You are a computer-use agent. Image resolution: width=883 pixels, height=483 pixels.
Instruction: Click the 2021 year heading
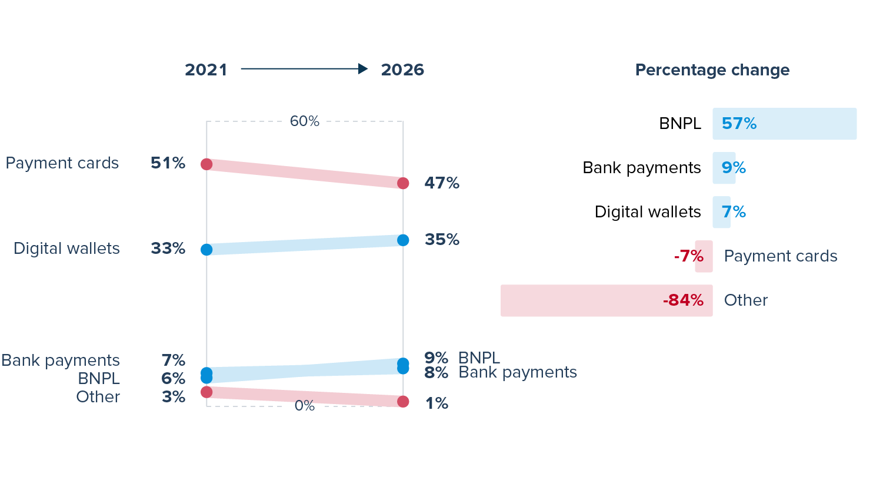(206, 70)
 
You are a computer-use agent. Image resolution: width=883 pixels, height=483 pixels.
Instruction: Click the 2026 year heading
(402, 70)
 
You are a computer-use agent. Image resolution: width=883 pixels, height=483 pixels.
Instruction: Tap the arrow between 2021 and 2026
(304, 69)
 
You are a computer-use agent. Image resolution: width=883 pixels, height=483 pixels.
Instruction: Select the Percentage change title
(712, 70)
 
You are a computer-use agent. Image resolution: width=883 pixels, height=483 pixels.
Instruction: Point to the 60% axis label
(305, 121)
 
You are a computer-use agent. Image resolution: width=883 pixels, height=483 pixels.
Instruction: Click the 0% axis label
(305, 406)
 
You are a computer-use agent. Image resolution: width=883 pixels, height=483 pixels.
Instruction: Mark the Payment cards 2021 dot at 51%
(206, 164)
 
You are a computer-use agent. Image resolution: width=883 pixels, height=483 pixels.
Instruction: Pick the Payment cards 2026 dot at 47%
(403, 183)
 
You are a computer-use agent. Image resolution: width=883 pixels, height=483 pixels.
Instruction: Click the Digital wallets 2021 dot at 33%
(206, 250)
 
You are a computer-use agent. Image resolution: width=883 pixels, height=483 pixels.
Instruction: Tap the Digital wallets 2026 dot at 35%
(403, 240)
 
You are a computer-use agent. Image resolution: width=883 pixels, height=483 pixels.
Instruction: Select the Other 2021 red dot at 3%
(206, 392)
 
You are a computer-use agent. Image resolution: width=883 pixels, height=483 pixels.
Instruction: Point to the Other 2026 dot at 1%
(403, 402)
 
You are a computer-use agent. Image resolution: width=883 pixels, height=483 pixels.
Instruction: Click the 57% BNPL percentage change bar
(784, 124)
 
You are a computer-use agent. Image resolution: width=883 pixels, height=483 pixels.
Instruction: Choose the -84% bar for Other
(607, 300)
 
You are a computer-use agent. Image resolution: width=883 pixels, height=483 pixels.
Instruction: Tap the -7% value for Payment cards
(689, 256)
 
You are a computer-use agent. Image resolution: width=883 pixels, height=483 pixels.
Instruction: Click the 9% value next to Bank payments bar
(734, 168)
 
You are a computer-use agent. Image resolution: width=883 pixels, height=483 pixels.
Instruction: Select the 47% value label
(442, 183)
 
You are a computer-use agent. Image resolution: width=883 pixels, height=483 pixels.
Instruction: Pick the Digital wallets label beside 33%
(66, 249)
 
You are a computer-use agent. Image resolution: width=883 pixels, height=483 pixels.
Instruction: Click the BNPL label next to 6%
(99, 378)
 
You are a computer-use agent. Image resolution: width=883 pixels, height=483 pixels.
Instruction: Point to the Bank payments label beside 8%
(518, 372)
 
